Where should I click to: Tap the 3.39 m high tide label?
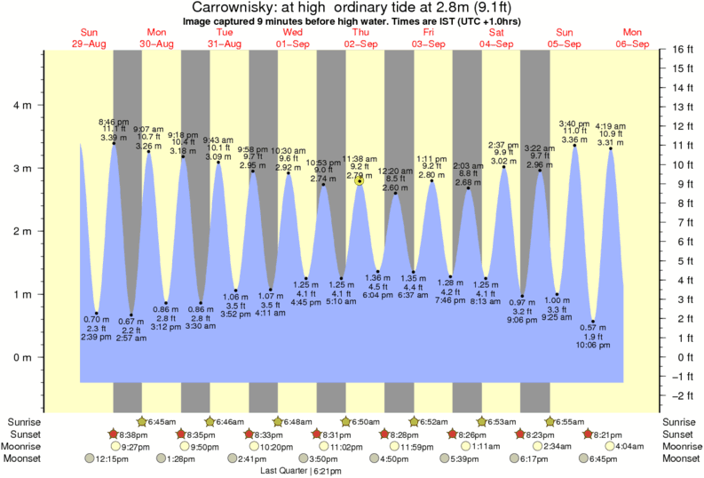click(114, 138)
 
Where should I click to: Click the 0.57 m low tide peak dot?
click(593, 321)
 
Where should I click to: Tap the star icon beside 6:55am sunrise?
click(550, 421)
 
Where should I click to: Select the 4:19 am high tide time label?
click(610, 126)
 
